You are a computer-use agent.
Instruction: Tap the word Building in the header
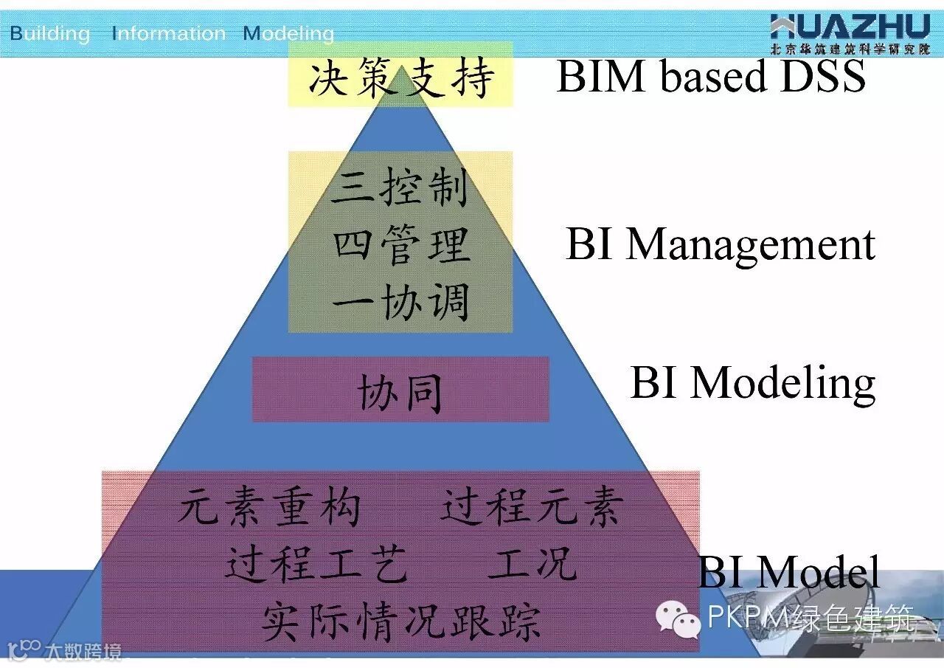point(49,33)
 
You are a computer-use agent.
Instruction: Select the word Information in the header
point(169,33)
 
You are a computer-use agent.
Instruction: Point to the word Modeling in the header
point(288,33)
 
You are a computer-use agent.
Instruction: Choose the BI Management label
point(721,244)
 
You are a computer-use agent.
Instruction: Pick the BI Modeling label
point(753,382)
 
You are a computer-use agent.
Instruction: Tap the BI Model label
point(789,571)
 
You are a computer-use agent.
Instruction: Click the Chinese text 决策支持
point(400,78)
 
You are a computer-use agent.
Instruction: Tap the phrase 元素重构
point(270,508)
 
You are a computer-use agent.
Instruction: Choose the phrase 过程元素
point(532,508)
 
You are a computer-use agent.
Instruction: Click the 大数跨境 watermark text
point(81,652)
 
